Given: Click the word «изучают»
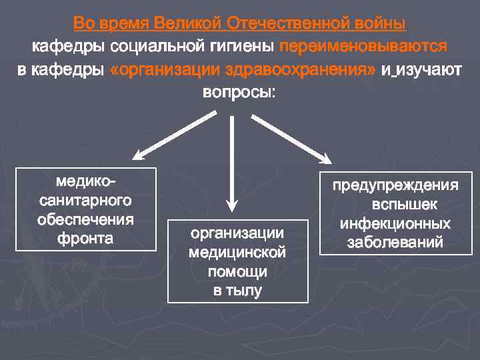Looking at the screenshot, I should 423,70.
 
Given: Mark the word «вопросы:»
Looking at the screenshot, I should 239,92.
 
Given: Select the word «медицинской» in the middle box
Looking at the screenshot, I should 237,253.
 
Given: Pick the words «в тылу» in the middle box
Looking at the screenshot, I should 237,291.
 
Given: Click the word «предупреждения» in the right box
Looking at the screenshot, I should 396,185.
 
